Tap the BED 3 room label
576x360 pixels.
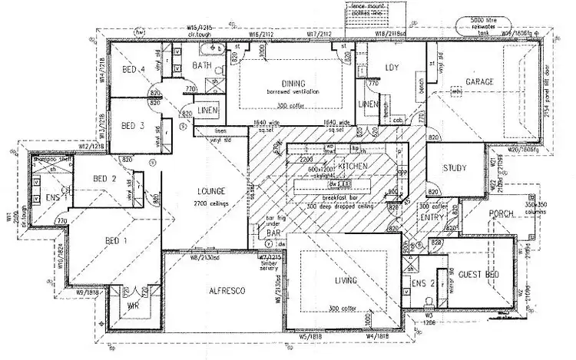pyautogui.click(x=134, y=125)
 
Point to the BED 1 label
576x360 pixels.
pyautogui.click(x=116, y=240)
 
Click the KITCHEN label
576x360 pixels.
pyautogui.click(x=352, y=166)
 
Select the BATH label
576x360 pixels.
pyautogui.click(x=201, y=66)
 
